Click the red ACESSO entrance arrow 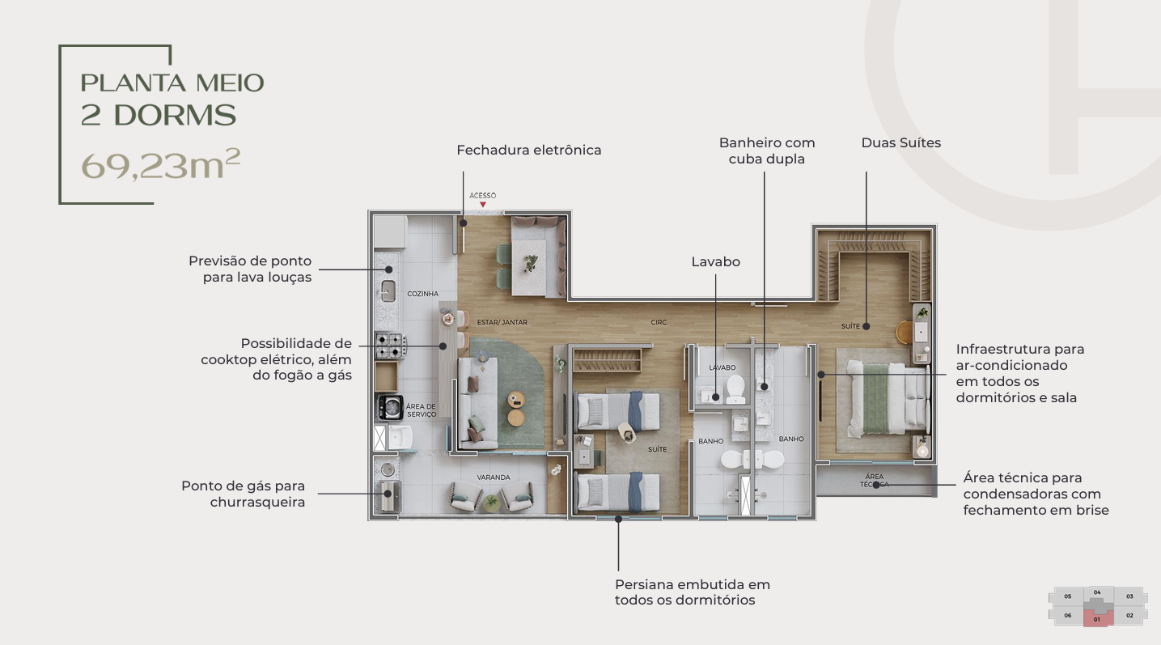tap(482, 205)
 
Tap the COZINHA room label tap(423, 294)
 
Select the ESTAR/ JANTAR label tap(502, 322)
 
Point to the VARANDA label tap(494, 477)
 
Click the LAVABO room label tap(722, 367)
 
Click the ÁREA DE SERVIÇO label tap(421, 410)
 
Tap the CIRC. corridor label tap(659, 322)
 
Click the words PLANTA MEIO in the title tap(172, 83)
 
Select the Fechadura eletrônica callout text tap(528, 151)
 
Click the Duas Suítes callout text tap(900, 143)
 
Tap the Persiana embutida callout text tap(693, 592)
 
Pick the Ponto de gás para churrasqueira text tap(243, 494)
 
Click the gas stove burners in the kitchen tap(390, 346)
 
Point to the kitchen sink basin tap(388, 291)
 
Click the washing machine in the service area tap(390, 408)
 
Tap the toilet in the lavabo tap(735, 389)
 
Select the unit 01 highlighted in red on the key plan tap(1098, 618)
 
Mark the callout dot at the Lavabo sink tap(716, 397)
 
